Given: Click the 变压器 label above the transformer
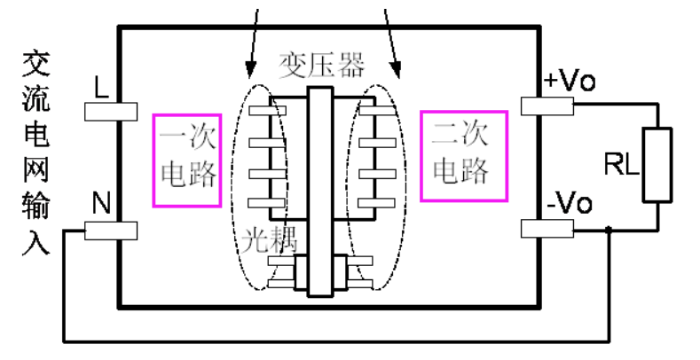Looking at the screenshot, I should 321,64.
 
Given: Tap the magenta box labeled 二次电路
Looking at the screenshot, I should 462,156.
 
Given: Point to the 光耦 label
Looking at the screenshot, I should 268,238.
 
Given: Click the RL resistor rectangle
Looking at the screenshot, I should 657,163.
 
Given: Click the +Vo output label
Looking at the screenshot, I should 569,82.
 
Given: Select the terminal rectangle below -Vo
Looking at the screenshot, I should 546,229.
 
